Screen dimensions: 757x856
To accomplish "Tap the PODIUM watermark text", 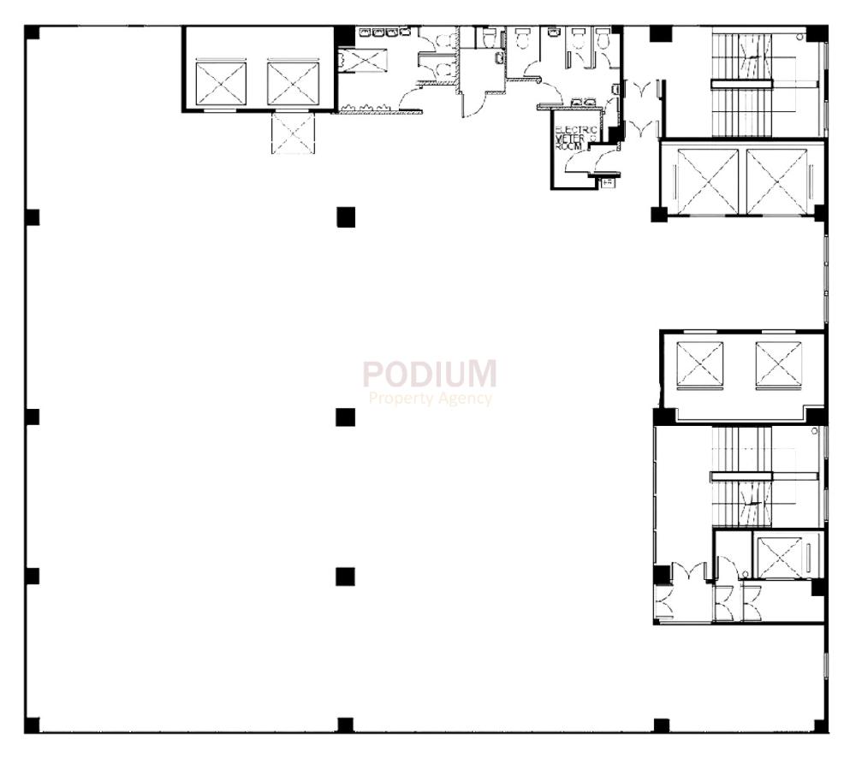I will (x=429, y=374).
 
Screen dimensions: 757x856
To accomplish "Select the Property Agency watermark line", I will (x=431, y=398).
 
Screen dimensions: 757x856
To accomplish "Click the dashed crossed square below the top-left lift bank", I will (x=293, y=134).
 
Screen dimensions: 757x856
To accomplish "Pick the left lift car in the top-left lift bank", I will (x=221, y=82).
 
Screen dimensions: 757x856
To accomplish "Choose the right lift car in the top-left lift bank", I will (x=293, y=82).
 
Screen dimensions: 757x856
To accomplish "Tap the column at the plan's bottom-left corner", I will (x=32, y=725).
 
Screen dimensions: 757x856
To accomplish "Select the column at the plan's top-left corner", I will (x=32, y=33).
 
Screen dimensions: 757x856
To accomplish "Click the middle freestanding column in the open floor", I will (x=345, y=417).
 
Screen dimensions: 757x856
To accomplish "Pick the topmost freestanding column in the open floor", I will (x=345, y=216).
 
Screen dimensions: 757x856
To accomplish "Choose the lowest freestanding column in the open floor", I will (x=345, y=576).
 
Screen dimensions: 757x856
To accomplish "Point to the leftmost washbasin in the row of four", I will (x=364, y=33).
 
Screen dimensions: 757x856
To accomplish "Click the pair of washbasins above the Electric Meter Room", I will (x=582, y=103).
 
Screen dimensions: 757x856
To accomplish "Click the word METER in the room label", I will (x=566, y=138).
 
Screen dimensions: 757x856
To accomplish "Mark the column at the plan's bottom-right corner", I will (x=820, y=725).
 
